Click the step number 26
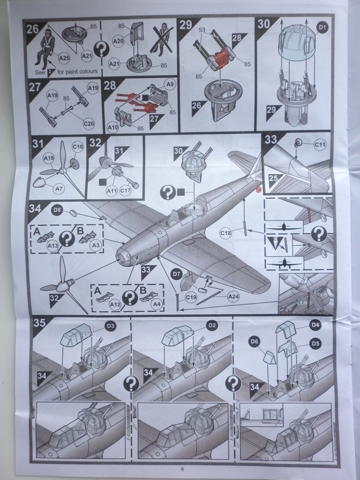click(32, 28)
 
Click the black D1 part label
click(322, 28)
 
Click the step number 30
click(264, 24)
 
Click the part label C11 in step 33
click(320, 145)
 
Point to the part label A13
click(52, 245)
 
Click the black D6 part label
click(255, 342)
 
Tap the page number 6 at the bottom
click(182, 470)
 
